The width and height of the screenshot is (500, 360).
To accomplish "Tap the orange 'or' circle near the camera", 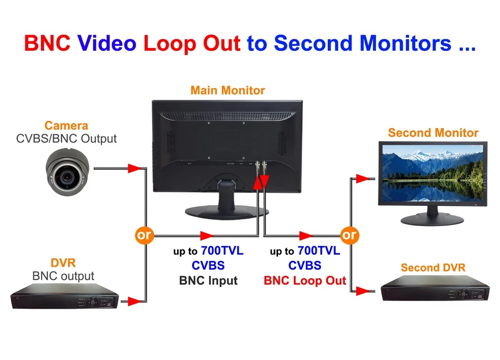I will coord(144,235).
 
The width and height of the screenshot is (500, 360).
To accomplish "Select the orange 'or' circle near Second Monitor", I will coord(349,235).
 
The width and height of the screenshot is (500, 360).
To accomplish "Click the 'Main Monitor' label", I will coord(228,90).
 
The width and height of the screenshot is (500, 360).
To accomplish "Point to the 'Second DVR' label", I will coord(433,267).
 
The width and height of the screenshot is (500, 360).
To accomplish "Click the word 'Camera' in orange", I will coord(66,126).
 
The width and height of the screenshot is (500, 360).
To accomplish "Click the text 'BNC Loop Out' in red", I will coord(305,280).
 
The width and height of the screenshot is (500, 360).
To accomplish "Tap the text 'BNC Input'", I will coord(208,280).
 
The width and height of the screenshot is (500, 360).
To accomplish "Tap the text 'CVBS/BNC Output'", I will coord(66,139).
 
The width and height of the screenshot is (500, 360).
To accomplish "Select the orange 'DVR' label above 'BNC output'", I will coord(63,263).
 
